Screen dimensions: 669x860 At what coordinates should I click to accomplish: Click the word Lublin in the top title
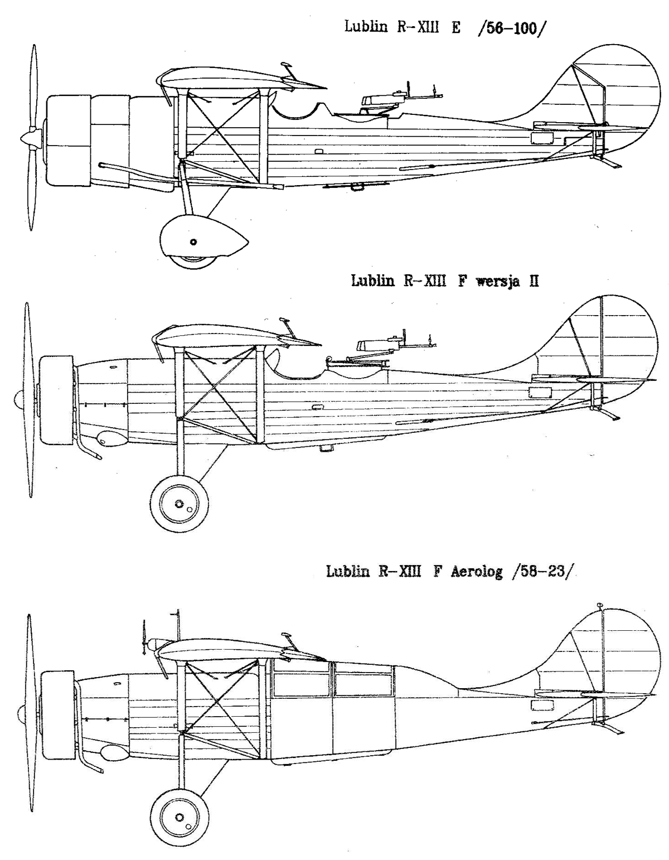coord(366,28)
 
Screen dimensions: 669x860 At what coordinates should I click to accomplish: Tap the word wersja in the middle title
coord(498,282)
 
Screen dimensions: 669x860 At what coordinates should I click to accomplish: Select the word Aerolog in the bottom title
coord(476,572)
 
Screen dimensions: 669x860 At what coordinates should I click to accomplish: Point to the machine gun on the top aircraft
coord(400,97)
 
